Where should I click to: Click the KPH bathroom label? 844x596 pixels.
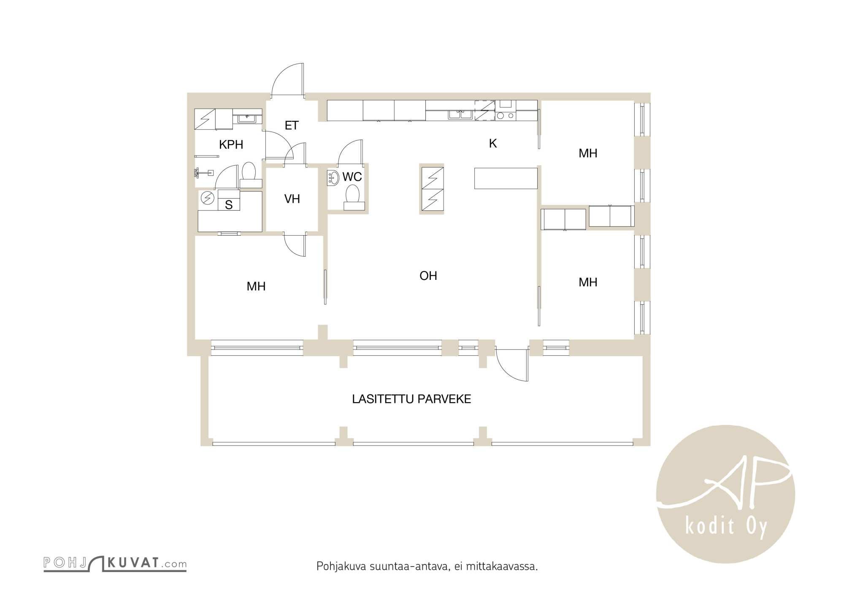[x=231, y=145]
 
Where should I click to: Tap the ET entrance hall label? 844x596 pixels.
[x=292, y=125]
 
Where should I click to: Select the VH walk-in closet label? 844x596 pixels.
[x=292, y=199]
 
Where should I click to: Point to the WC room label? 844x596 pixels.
[x=352, y=177]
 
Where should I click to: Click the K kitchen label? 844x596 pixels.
[x=492, y=144]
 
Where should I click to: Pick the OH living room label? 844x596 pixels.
[x=428, y=276]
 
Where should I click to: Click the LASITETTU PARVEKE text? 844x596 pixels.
[x=411, y=399]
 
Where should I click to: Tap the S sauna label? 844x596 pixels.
[x=229, y=205]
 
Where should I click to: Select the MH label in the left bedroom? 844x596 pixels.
[x=256, y=286]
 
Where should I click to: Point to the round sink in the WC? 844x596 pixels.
[x=333, y=178]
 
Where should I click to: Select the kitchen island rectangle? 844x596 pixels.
[x=506, y=178]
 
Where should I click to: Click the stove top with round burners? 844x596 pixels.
[x=505, y=115]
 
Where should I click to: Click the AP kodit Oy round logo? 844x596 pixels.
[x=725, y=494]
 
